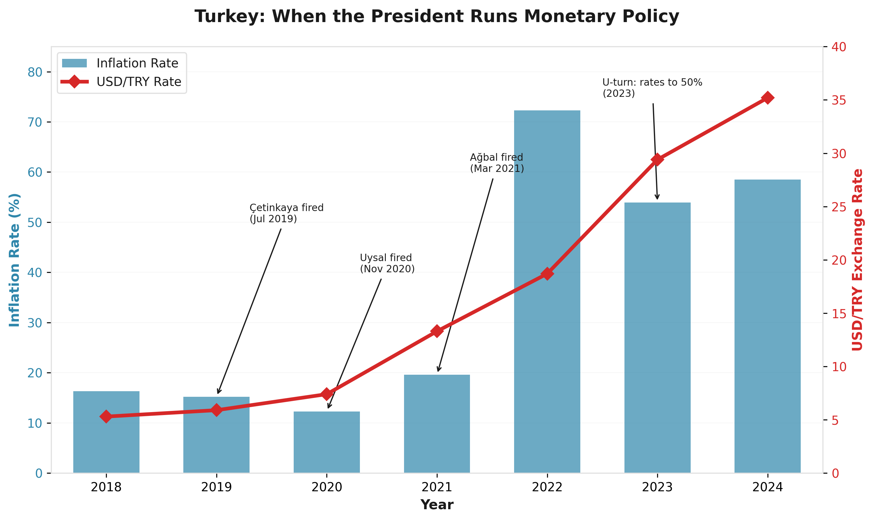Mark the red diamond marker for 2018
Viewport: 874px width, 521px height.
coord(106,417)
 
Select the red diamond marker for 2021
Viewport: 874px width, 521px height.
coord(437,331)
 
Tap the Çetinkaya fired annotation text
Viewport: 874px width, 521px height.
coord(286,213)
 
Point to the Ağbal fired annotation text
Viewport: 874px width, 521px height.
coord(497,162)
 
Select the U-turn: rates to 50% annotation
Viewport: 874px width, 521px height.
coord(652,88)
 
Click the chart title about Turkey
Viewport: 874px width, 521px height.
coord(437,16)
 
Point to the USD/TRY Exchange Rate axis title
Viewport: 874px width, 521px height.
coord(857,260)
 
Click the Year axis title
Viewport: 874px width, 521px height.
coord(437,505)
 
